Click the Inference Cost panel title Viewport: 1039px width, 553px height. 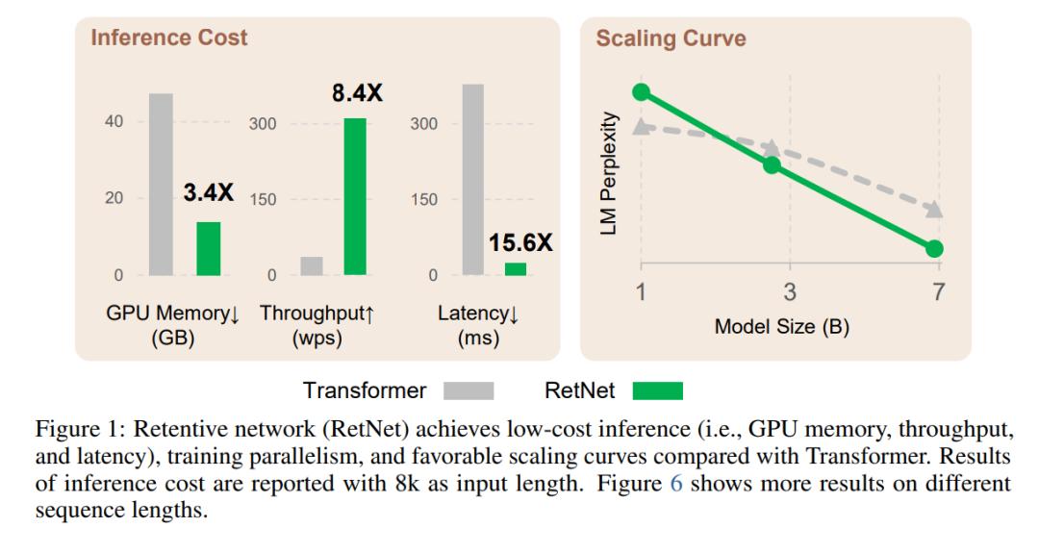click(x=169, y=38)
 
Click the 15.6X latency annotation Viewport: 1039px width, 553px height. click(x=520, y=242)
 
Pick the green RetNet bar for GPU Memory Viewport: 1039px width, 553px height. click(x=209, y=249)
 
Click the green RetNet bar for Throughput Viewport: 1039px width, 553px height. click(x=355, y=197)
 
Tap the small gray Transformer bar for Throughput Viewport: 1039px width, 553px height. click(x=312, y=266)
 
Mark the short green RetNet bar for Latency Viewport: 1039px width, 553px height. click(x=516, y=269)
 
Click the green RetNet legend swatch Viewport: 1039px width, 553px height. click(x=658, y=390)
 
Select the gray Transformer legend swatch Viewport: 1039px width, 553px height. click(x=469, y=390)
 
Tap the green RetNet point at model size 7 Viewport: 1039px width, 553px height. click(x=934, y=249)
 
